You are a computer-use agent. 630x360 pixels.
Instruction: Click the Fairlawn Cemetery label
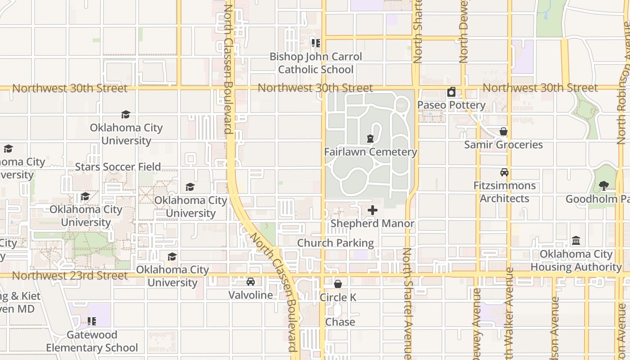pos(370,152)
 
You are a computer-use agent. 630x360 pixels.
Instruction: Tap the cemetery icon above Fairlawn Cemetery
pos(370,139)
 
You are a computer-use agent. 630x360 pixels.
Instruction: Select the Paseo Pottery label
pos(451,105)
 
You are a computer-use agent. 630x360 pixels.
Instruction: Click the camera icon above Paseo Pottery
pos(451,92)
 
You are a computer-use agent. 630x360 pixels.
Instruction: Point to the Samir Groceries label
pos(504,145)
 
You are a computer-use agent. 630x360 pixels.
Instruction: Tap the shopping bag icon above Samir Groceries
pos(504,132)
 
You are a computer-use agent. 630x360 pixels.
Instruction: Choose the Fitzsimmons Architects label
pos(504,192)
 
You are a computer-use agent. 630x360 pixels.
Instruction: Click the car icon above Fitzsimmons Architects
pos(504,172)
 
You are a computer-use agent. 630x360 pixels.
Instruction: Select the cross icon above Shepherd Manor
pos(373,210)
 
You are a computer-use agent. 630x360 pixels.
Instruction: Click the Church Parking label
pos(335,243)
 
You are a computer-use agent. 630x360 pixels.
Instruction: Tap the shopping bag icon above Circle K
pos(338,284)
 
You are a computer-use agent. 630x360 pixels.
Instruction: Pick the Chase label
pos(340,322)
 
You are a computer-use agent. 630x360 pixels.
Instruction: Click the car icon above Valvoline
pos(251,282)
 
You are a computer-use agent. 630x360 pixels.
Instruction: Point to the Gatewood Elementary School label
pos(92,342)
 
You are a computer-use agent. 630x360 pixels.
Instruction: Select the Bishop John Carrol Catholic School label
pos(315,63)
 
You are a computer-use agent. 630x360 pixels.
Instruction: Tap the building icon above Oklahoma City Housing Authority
pos(576,241)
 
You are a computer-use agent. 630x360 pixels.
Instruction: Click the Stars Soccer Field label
pos(118,167)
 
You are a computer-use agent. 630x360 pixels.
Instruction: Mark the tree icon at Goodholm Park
pos(604,185)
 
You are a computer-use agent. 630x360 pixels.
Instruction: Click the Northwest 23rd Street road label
pos(70,275)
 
